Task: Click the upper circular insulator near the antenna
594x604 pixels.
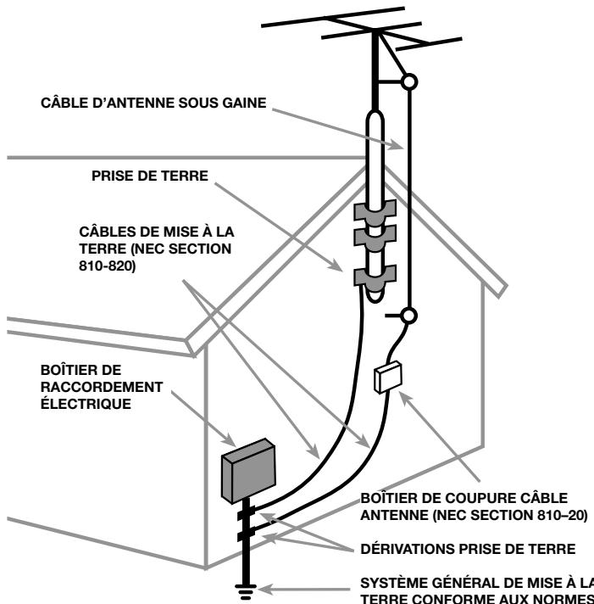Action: pyautogui.click(x=409, y=82)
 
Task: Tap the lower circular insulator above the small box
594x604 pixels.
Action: pyautogui.click(x=409, y=316)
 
